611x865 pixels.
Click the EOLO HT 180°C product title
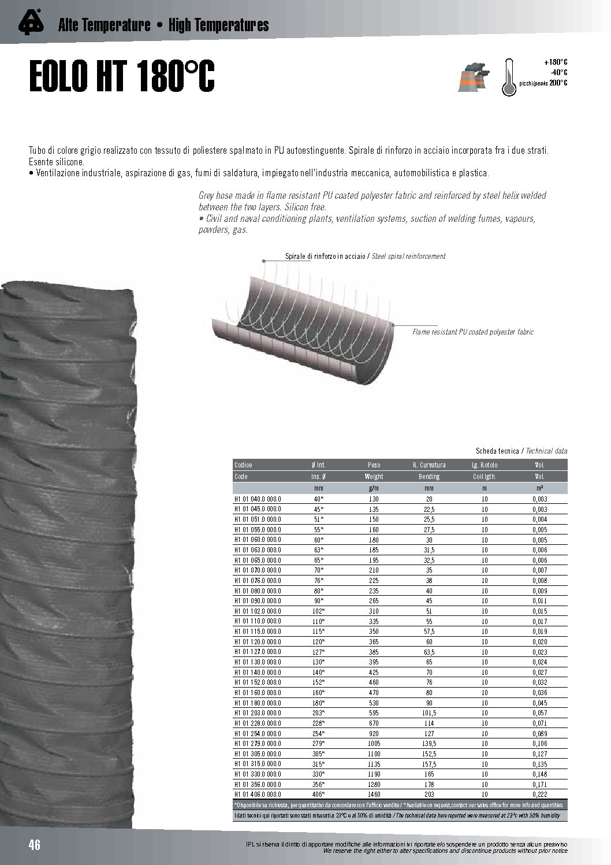122,77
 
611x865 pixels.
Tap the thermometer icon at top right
508,76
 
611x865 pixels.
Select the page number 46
35,845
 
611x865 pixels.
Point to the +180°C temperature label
556,62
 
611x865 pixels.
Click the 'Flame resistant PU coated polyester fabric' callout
472,332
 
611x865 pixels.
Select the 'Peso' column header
374,465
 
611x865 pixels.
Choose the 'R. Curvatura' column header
429,465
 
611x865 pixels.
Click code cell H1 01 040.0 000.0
257,499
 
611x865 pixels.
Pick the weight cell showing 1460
374,795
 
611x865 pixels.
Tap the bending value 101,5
429,713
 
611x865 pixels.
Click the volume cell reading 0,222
539,795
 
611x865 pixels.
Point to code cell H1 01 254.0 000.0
257,733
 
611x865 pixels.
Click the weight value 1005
374,744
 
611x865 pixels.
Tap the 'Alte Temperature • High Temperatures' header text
163,25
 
